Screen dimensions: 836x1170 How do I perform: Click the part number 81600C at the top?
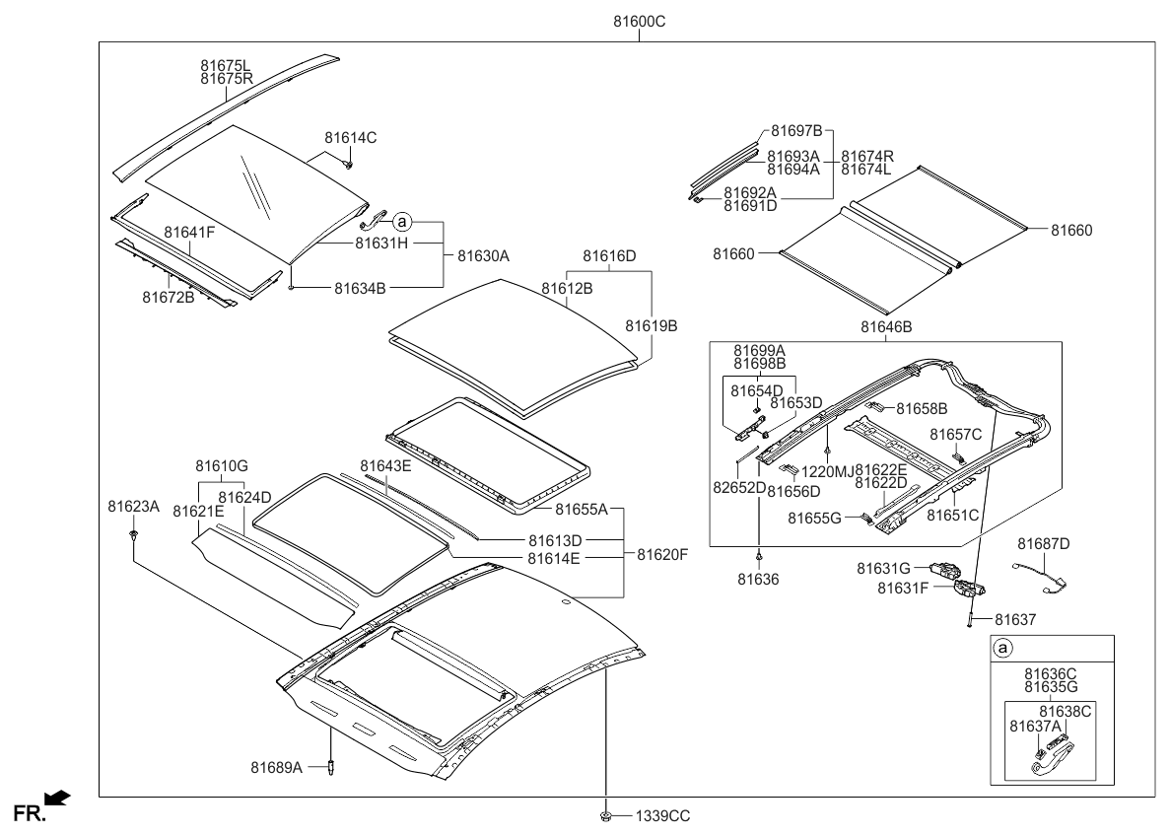point(639,21)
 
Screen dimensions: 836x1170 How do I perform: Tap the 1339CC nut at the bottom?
point(604,816)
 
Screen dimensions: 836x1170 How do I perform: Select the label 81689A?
point(276,766)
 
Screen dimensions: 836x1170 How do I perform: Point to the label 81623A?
point(133,506)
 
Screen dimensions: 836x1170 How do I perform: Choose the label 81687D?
point(1043,543)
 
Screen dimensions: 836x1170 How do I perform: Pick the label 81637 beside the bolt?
point(1014,619)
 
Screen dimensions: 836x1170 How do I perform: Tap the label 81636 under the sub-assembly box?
point(759,582)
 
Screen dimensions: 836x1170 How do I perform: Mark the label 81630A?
point(483,255)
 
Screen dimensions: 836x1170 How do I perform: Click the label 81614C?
point(351,138)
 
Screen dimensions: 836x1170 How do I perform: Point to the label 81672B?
point(169,297)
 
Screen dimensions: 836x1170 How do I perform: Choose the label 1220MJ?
point(828,470)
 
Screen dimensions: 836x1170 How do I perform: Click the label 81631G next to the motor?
point(883,568)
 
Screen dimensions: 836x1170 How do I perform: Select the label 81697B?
point(796,130)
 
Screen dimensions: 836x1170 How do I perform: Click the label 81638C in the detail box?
point(1066,710)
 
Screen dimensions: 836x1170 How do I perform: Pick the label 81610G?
point(221,465)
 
